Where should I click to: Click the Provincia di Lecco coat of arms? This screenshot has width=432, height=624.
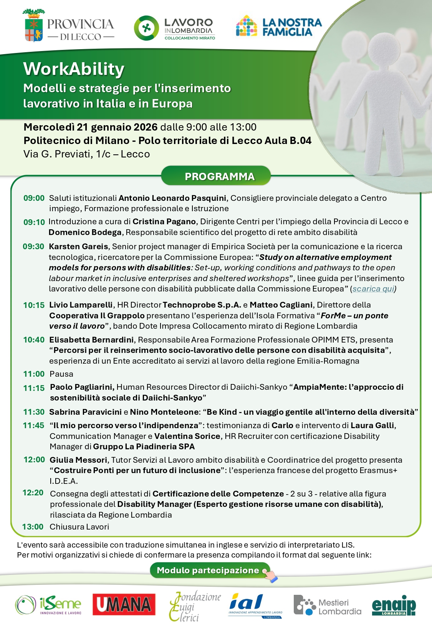click(x=34, y=26)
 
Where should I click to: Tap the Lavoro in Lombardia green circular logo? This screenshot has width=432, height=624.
click(x=146, y=28)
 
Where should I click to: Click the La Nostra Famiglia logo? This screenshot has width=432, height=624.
click(x=279, y=26)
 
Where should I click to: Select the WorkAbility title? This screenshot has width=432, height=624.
click(x=74, y=69)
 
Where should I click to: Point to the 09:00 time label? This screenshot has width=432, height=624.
click(x=34, y=198)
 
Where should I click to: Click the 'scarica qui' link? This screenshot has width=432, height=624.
click(x=373, y=289)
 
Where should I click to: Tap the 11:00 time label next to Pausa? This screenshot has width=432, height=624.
click(x=34, y=374)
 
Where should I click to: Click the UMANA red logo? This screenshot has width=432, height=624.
click(x=124, y=604)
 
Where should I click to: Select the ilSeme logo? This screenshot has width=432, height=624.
click(x=48, y=605)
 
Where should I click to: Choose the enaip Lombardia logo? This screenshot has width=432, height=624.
click(x=394, y=605)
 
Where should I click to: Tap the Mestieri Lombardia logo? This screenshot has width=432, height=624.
click(x=328, y=605)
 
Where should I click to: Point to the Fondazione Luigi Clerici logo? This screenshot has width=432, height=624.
click(x=195, y=606)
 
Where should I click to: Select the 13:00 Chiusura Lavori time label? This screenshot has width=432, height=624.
click(x=33, y=527)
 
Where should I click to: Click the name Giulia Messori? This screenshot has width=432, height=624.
click(x=79, y=460)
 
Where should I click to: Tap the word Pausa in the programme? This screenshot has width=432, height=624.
click(x=61, y=374)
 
